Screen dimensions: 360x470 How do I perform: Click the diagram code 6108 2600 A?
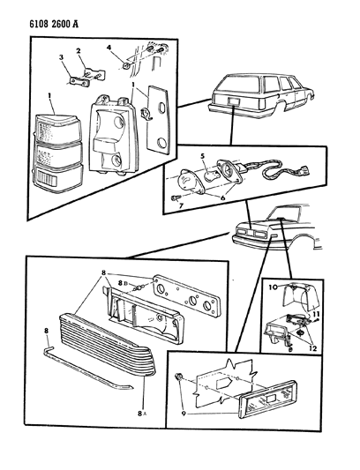(54, 24)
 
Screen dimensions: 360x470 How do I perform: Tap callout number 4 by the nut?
(109, 48)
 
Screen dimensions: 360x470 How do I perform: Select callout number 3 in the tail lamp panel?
(62, 57)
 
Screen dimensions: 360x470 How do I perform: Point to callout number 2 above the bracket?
(79, 50)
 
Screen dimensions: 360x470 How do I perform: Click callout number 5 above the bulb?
(202, 156)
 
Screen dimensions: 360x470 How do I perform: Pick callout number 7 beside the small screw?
(181, 206)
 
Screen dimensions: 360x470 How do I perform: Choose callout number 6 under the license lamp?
(222, 198)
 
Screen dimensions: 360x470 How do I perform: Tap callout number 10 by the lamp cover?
(273, 287)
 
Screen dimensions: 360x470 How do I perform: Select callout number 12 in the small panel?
(312, 348)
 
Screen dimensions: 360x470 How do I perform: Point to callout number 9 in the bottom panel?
(184, 414)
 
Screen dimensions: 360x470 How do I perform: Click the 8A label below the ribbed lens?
(142, 414)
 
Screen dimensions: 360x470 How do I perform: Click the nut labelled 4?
(126, 65)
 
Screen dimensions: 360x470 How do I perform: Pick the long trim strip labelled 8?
(89, 369)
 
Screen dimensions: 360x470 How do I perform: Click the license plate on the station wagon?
(234, 101)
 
